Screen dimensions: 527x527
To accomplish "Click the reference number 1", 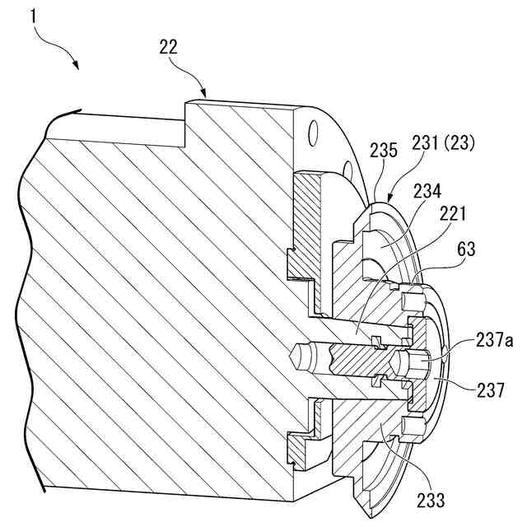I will pos(34,14).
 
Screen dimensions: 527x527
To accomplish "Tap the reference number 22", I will pos(168,48).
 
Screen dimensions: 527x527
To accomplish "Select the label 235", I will pos(383,151).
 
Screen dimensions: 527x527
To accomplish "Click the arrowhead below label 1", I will pos(77,65).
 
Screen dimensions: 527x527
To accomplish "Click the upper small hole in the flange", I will pos(313,129).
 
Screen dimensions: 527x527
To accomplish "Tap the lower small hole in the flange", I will pos(349,170).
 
